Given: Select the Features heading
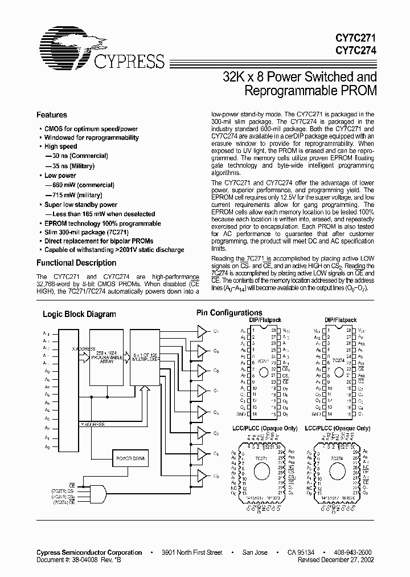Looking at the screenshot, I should click(x=52, y=115).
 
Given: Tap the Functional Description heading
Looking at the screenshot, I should click(x=76, y=263).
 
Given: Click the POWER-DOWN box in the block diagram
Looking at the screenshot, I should click(x=132, y=458).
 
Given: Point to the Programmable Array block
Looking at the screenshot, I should click(x=106, y=358).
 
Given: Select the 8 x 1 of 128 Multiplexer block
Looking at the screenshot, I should click(x=146, y=358).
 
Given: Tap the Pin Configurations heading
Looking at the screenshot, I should click(x=229, y=312).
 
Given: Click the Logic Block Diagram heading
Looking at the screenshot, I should click(x=80, y=314).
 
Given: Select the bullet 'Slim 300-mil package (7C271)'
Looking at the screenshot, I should click(x=86, y=233).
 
